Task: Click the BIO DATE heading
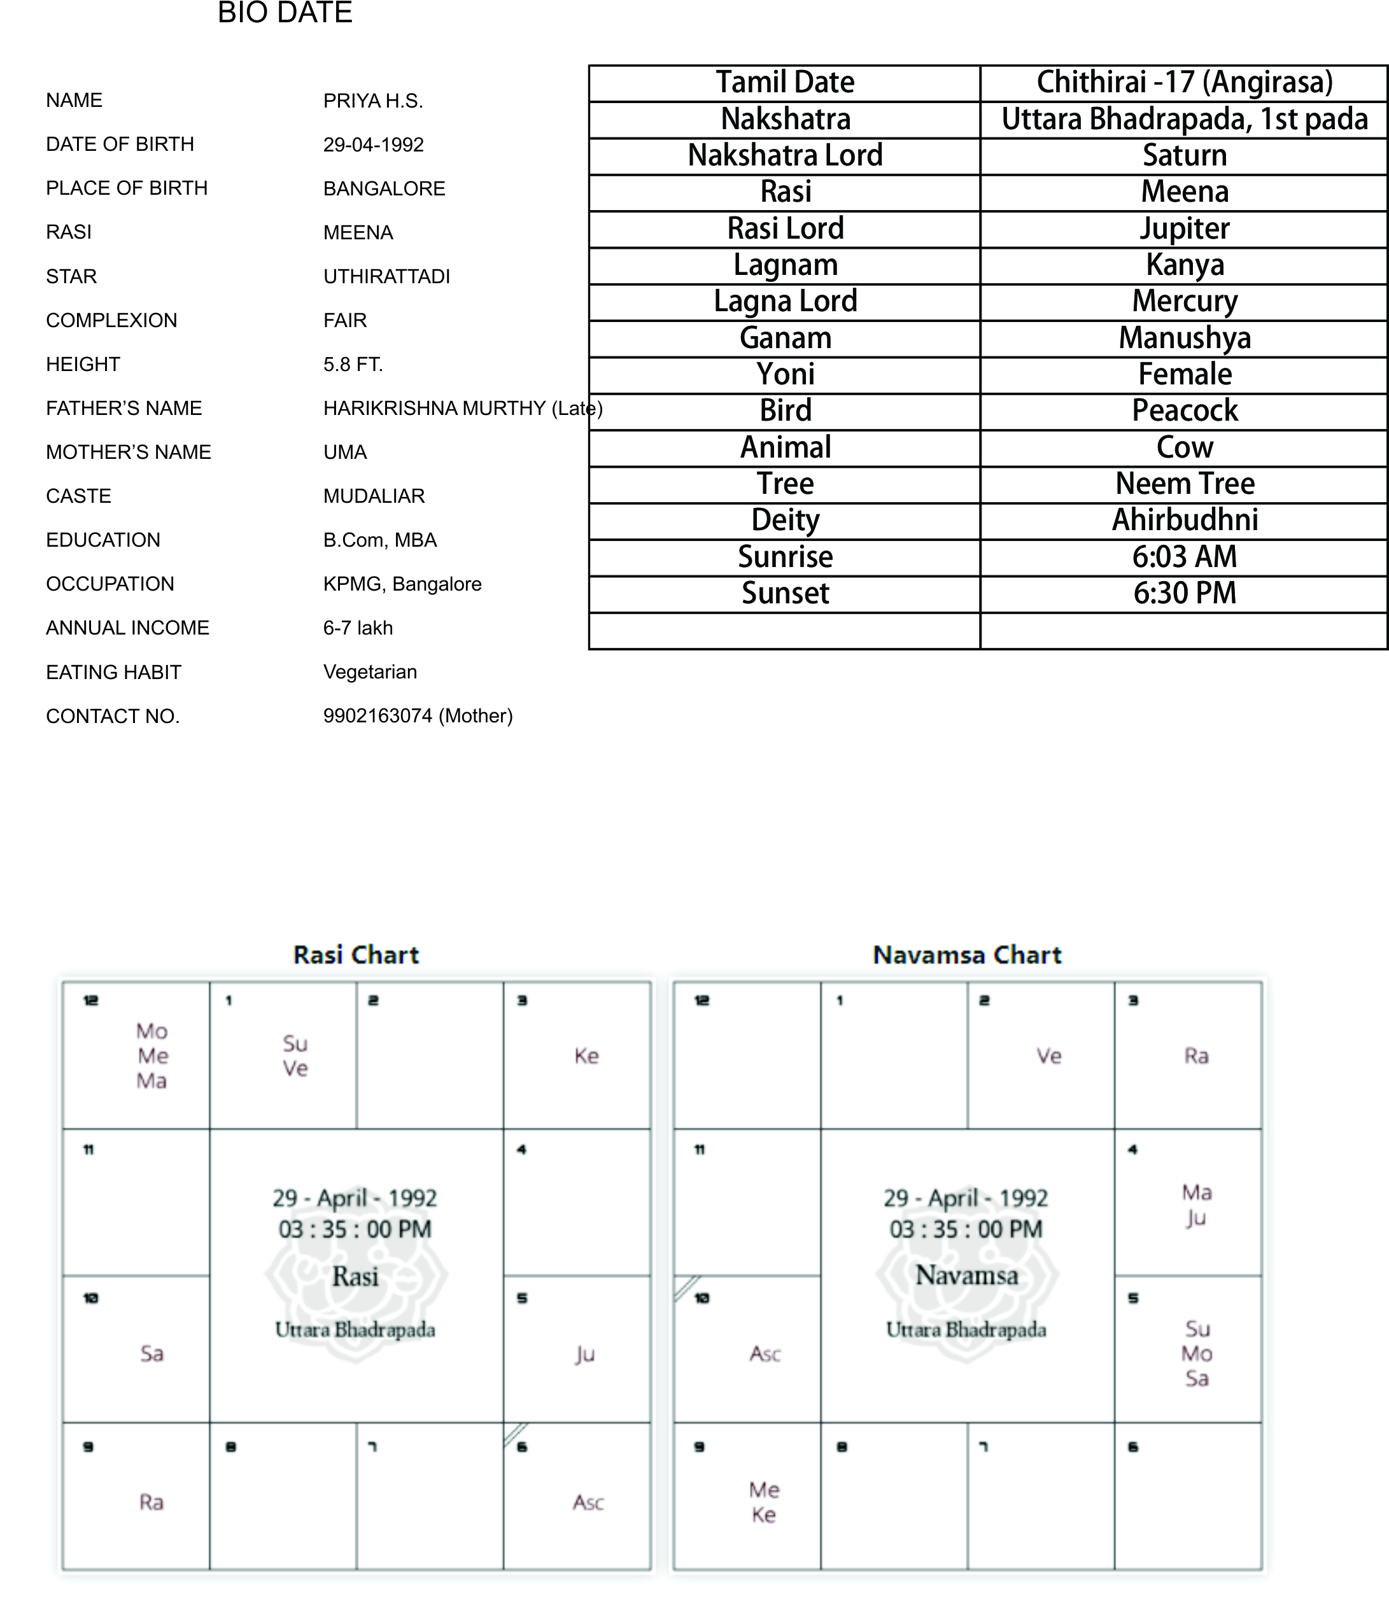click(285, 13)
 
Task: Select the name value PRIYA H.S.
click(373, 101)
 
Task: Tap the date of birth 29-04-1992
click(373, 145)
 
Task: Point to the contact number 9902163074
click(377, 715)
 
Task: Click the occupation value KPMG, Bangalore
click(402, 584)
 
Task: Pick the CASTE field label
click(78, 496)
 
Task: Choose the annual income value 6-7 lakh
click(357, 628)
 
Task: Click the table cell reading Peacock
click(1183, 411)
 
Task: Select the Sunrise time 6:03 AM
click(1183, 556)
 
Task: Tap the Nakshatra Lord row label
click(784, 155)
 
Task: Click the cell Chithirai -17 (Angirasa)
click(1183, 82)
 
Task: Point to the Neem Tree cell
click(1183, 484)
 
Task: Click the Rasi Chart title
click(356, 955)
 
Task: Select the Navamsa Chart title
click(966, 955)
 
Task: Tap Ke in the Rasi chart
click(586, 1055)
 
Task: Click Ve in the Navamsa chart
click(1048, 1055)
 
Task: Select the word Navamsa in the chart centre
click(966, 1275)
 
